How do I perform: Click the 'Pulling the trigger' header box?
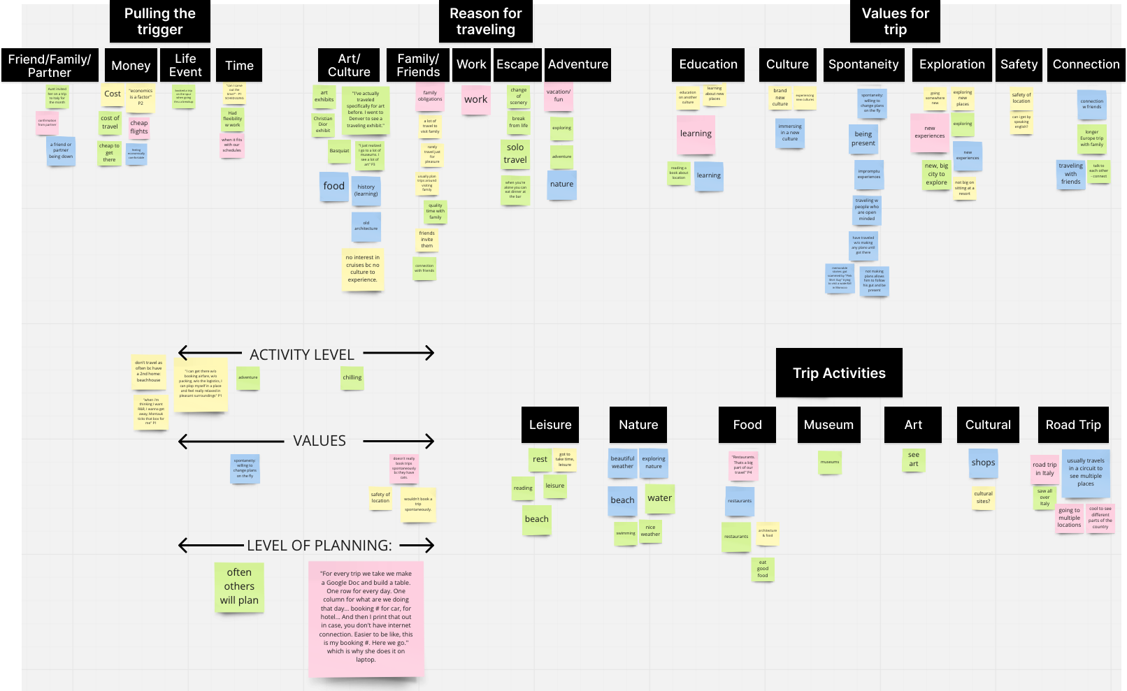pos(159,22)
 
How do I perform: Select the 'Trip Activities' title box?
pos(839,373)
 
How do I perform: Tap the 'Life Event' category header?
pos(185,65)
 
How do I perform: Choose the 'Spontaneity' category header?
pos(863,64)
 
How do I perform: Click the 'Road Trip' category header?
pos(1073,425)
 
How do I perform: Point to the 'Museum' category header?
pos(828,425)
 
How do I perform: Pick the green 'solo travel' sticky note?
pos(515,154)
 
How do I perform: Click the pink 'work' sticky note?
pos(475,99)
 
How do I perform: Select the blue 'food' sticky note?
pos(333,186)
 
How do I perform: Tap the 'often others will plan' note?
pos(239,587)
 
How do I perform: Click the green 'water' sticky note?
pos(659,498)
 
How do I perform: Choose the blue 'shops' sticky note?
pos(983,463)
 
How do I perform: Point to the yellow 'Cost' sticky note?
pos(113,94)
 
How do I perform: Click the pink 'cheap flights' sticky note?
pos(139,127)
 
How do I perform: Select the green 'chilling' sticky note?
pos(352,377)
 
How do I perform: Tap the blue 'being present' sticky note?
pos(863,138)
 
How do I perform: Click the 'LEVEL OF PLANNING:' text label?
pos(320,546)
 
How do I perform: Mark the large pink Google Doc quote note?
pos(366,618)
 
